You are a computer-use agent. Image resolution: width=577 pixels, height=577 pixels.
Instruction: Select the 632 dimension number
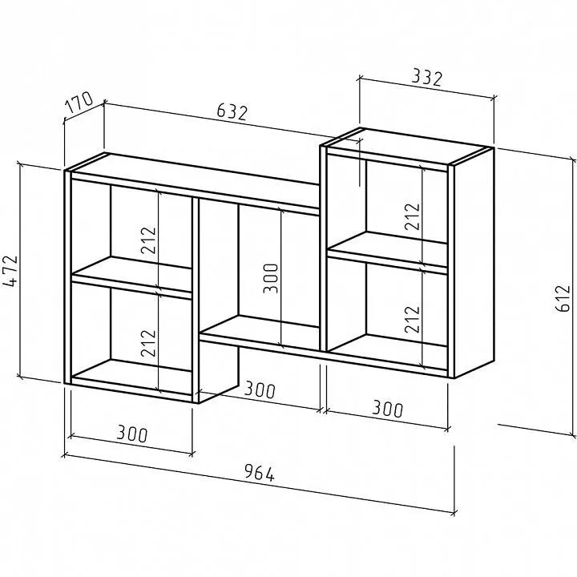click(232, 111)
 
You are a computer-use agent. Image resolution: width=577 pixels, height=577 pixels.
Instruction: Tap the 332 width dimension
click(426, 77)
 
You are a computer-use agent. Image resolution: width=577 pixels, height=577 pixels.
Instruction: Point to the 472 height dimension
click(10, 271)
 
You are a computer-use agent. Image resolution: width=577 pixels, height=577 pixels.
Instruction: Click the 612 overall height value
click(563, 298)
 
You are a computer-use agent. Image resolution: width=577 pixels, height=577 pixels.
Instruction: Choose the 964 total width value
click(260, 473)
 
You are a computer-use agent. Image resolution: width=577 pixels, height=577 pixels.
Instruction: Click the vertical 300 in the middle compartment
click(271, 278)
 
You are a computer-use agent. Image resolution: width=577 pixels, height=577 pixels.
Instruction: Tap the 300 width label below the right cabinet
click(388, 409)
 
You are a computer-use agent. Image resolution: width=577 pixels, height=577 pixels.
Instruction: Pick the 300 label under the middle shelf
click(260, 389)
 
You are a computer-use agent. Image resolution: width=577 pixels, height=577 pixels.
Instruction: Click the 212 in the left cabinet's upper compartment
click(149, 240)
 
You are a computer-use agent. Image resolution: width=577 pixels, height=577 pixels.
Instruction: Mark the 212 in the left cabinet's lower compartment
click(149, 343)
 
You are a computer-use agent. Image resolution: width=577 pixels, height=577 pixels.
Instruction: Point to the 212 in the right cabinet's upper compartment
click(412, 216)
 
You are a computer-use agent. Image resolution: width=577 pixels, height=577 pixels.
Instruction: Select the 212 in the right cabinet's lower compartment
click(412, 319)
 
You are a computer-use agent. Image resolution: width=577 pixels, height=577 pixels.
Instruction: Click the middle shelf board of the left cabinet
click(132, 276)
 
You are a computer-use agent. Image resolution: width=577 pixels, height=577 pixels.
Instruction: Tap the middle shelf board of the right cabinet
click(388, 252)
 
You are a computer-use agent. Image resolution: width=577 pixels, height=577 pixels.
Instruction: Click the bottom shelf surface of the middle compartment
click(260, 331)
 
